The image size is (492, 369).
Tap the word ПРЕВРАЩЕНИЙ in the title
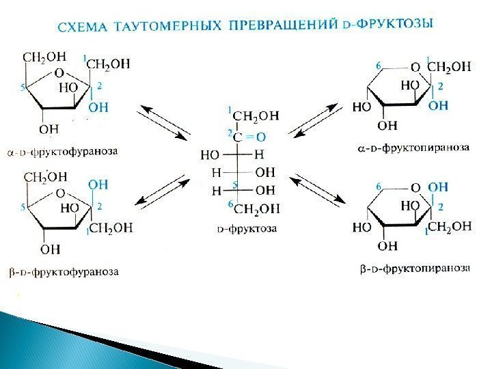click(x=281, y=25)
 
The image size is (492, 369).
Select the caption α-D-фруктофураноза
click(x=62, y=150)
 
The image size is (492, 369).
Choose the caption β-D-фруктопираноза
click(x=414, y=269)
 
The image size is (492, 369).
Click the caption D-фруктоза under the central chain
click(x=247, y=229)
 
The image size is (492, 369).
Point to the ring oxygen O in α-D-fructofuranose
click(x=59, y=72)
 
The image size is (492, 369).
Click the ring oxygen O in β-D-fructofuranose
click(x=60, y=193)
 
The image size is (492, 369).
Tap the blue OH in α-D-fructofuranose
click(x=99, y=107)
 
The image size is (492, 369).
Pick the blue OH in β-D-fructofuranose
click(x=98, y=183)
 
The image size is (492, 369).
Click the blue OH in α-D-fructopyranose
click(x=438, y=106)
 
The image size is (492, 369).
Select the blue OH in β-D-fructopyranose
click(x=438, y=187)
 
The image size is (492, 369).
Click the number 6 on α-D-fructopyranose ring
click(x=378, y=66)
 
